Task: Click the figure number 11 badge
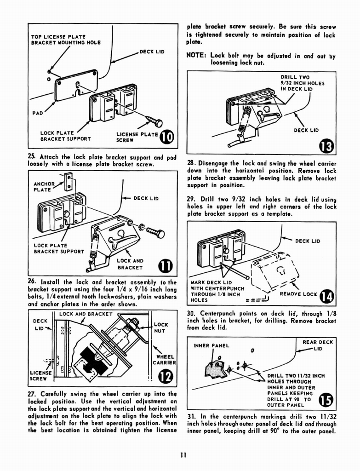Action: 165,266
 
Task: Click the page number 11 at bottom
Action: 183,455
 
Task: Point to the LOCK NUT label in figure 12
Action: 161,327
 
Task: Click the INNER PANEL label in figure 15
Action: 211,345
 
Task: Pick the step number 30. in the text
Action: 191,313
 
